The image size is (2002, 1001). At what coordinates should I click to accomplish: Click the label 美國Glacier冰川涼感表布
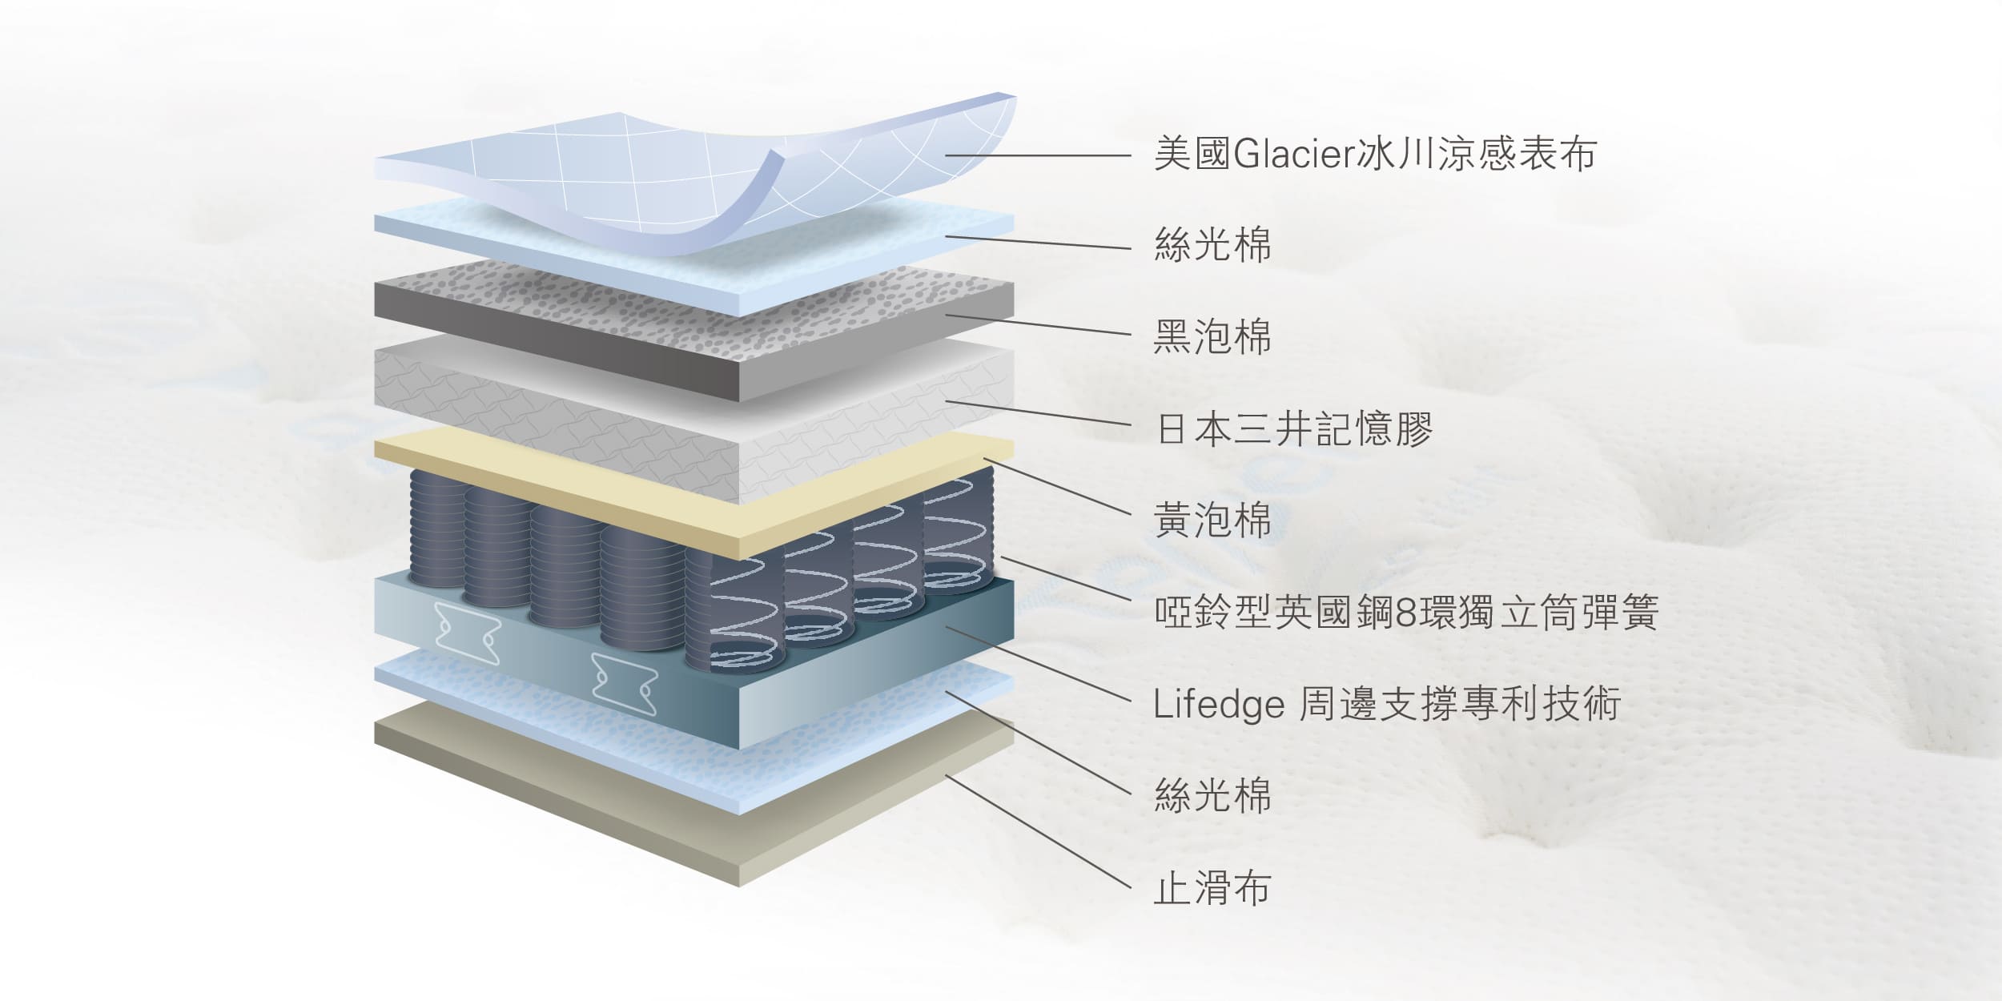[x=1375, y=154]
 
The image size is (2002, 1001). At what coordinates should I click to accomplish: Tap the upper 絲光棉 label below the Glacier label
[x=1212, y=244]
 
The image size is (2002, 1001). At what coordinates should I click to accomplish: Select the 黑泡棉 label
[x=1212, y=336]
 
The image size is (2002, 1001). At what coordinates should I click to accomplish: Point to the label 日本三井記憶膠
[x=1294, y=428]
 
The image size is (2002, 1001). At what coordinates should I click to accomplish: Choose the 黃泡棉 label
[x=1212, y=521]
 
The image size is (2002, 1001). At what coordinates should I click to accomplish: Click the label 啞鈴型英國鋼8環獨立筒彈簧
[x=1406, y=613]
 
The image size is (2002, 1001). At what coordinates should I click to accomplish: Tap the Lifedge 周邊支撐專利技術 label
[x=1387, y=704]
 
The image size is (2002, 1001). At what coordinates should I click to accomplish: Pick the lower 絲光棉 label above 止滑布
[x=1212, y=796]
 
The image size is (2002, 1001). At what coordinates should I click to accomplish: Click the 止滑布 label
[x=1212, y=888]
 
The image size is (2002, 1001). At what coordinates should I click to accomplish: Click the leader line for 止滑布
[x=1039, y=832]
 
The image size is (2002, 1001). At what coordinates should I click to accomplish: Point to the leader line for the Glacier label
[x=1038, y=155]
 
